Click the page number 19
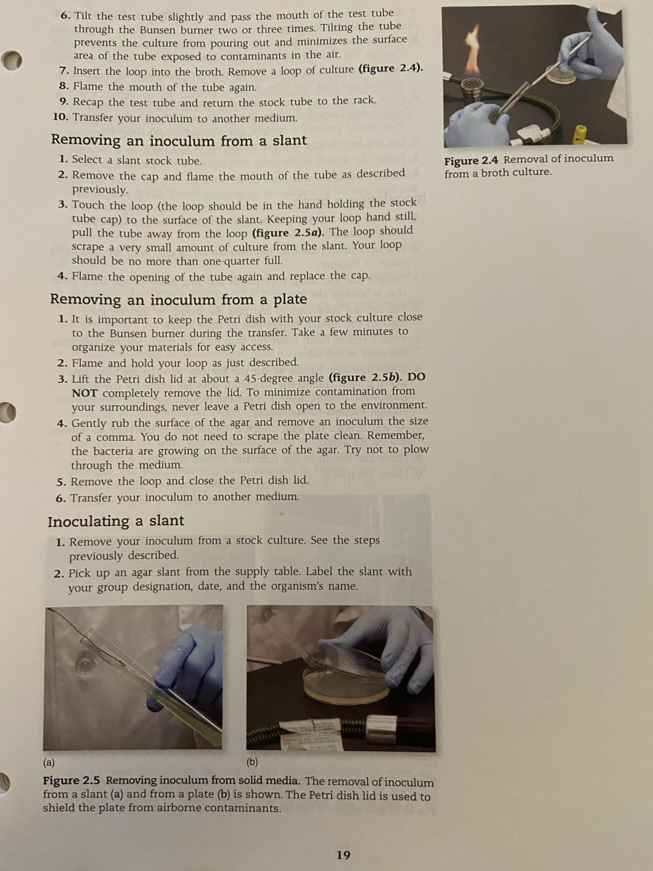(343, 855)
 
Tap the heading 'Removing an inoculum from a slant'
(179, 140)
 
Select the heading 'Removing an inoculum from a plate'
(178, 299)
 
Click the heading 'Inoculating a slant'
(116, 521)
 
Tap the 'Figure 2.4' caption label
(471, 161)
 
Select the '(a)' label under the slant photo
(49, 762)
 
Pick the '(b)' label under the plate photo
(252, 762)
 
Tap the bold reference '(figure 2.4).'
(391, 68)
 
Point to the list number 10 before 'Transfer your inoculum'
(61, 118)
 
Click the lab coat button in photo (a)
(84, 663)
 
